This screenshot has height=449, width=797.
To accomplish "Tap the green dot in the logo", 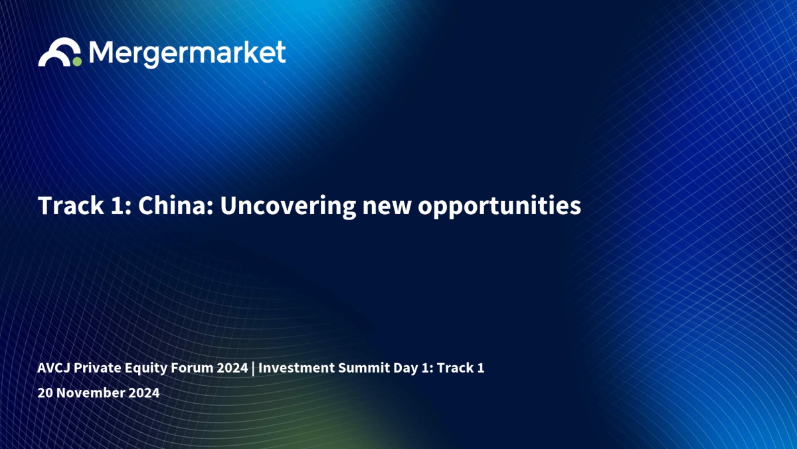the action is pyautogui.click(x=77, y=62).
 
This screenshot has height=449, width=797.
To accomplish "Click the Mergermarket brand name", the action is pyautogui.click(x=187, y=54).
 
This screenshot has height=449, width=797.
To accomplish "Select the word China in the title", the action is pyautogui.click(x=175, y=206).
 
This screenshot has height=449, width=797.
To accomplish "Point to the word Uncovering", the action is pyautogui.click(x=288, y=206).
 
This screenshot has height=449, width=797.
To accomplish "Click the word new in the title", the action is pyautogui.click(x=387, y=208).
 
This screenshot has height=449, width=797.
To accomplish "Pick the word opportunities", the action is pyautogui.click(x=499, y=207).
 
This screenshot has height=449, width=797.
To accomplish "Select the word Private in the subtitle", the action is pyautogui.click(x=98, y=368).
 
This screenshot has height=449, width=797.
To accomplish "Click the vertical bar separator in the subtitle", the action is pyautogui.click(x=253, y=369).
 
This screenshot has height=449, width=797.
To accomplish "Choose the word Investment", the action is pyautogui.click(x=296, y=368).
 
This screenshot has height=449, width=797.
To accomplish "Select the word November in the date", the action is pyautogui.click(x=91, y=392).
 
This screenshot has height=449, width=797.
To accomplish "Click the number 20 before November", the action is pyautogui.click(x=45, y=392).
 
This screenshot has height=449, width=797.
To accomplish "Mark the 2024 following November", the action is pyautogui.click(x=144, y=392).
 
